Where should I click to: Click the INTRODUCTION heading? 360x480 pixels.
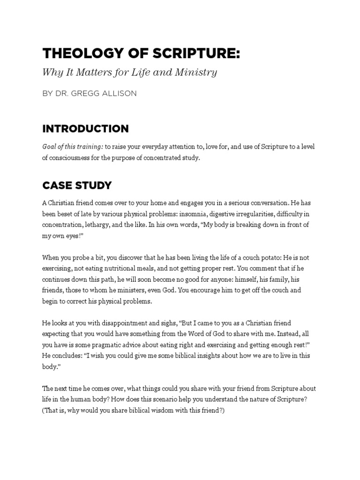point(85,128)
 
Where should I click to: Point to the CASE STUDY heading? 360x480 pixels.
point(77,185)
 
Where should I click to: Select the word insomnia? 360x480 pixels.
point(194,214)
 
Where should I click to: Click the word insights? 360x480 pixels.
point(191,356)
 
